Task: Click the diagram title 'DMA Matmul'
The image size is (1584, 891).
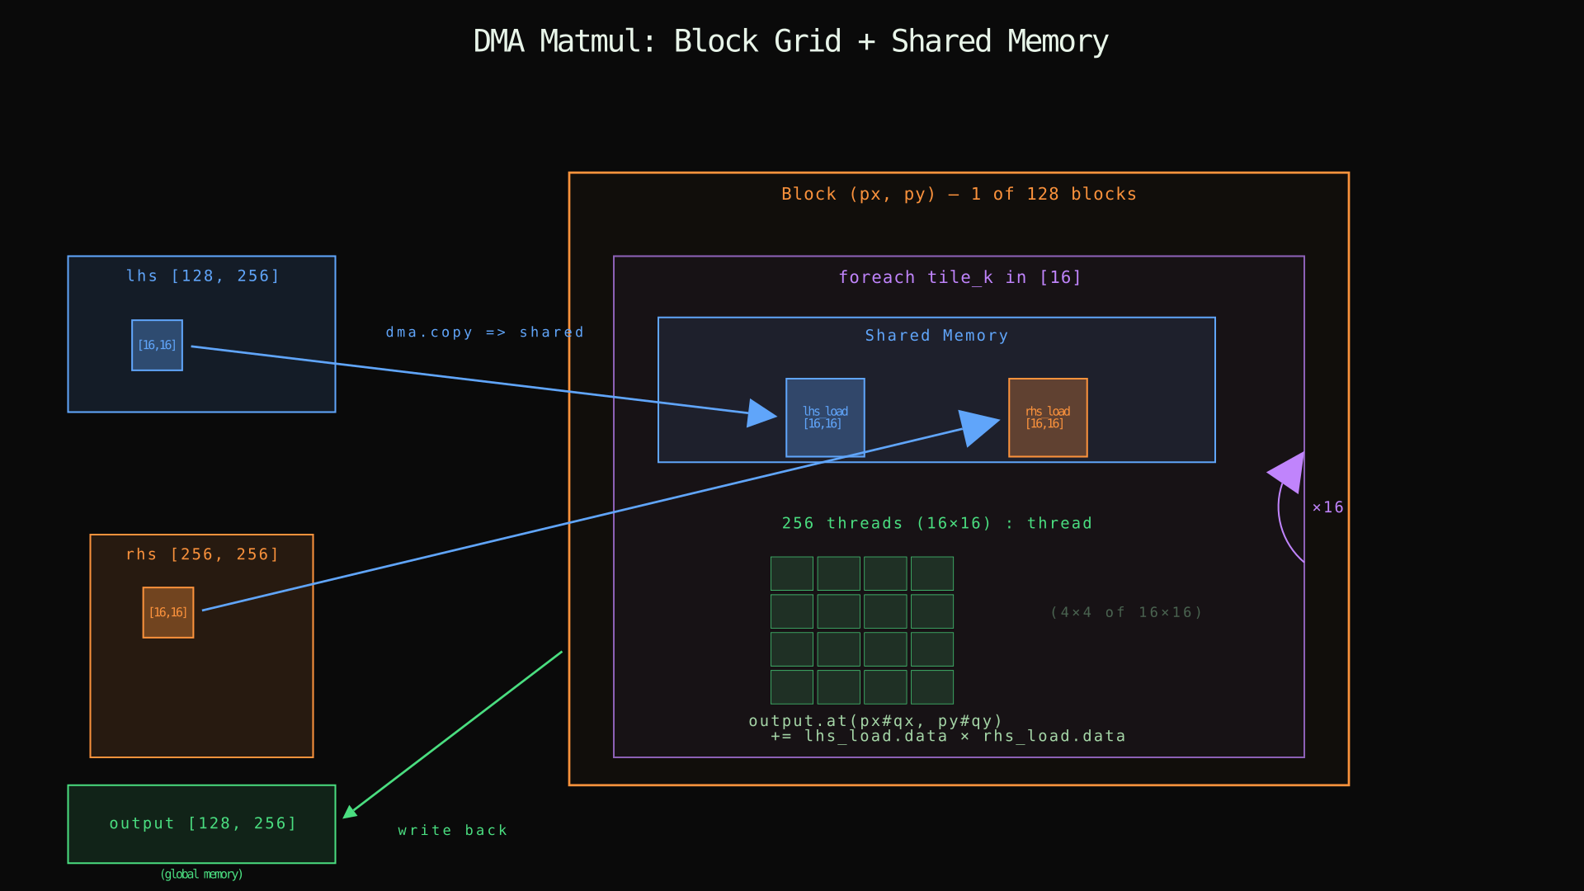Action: click(790, 41)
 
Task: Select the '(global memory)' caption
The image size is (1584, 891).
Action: click(201, 874)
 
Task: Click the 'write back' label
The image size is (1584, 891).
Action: click(452, 831)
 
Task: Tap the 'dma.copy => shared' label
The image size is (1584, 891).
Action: click(484, 332)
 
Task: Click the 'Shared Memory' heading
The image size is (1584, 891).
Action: click(936, 336)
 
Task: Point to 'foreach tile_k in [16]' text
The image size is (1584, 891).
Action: click(959, 278)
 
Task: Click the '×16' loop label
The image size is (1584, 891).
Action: click(1327, 507)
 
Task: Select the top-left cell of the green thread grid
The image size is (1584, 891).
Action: click(792, 573)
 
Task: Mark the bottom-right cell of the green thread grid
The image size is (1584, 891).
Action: click(932, 687)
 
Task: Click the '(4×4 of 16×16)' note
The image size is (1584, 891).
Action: click(1126, 612)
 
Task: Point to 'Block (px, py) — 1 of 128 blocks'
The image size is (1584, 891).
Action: click(959, 195)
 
